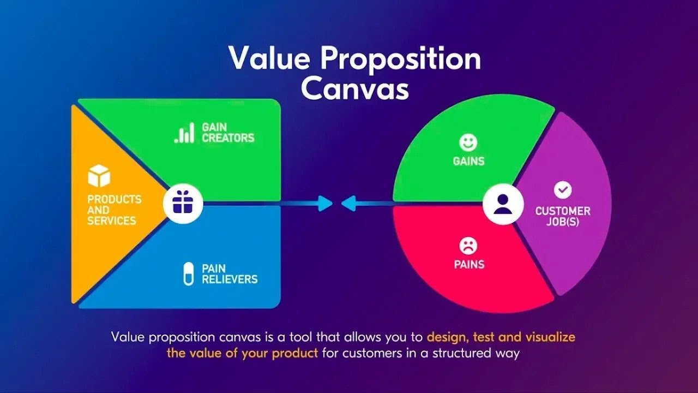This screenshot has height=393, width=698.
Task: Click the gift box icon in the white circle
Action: tap(183, 205)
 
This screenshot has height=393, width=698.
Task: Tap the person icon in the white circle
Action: tap(503, 205)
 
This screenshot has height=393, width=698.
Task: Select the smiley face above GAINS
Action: tap(468, 143)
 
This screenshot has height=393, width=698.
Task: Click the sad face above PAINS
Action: tap(468, 246)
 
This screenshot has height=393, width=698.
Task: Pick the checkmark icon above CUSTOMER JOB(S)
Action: tap(563, 190)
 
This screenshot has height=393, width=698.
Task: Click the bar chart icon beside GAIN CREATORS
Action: tap(184, 133)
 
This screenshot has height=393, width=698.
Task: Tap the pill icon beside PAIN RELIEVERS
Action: tap(189, 273)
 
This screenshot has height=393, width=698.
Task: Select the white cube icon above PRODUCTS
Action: tap(99, 176)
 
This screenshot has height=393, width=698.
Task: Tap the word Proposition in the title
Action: tap(400, 58)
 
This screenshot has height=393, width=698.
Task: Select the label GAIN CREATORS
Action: tap(228, 132)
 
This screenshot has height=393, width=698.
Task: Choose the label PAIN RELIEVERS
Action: tap(229, 273)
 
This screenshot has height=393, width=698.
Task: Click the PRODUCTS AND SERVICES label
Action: tap(113, 210)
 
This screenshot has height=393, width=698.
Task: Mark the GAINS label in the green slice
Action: tap(468, 162)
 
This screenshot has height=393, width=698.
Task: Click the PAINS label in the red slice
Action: tap(469, 265)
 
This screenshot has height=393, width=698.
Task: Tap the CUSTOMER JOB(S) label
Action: tap(563, 217)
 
